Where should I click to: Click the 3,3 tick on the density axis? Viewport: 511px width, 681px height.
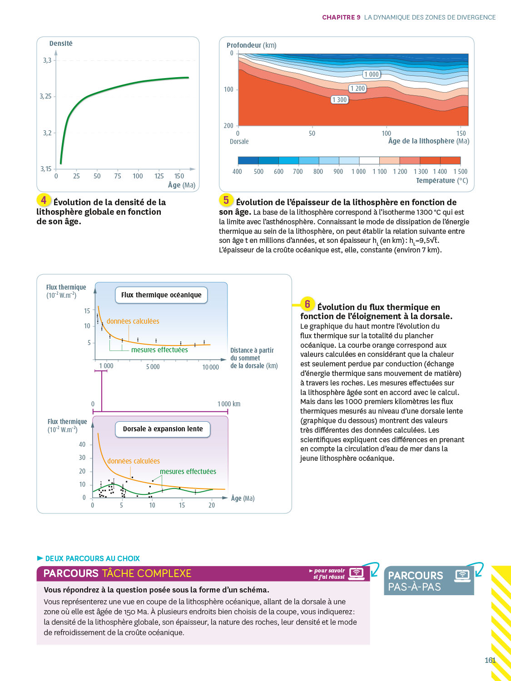point(47,60)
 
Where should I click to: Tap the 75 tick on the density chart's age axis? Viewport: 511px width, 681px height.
point(118,176)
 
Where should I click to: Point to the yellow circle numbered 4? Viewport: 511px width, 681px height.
point(44,200)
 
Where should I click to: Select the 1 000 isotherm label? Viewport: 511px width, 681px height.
point(371,74)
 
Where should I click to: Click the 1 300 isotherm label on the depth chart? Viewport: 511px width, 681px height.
point(339,100)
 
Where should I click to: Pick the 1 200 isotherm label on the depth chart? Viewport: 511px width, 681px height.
point(357,89)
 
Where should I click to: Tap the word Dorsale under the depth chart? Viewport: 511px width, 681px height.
point(239,142)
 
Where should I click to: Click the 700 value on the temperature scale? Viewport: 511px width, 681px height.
point(298,172)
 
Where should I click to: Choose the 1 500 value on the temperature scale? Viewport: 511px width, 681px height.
point(460,172)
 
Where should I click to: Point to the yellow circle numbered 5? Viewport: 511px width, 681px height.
point(226,200)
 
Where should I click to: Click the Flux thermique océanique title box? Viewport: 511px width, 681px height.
point(161,295)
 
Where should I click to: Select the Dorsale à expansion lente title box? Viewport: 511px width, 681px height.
point(163,429)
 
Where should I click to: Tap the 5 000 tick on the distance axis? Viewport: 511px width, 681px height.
point(153,367)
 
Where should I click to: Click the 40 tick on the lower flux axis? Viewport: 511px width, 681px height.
point(82,444)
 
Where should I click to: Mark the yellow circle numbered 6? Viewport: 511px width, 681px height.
point(308,304)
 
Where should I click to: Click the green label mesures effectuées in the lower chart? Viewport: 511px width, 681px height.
point(188,472)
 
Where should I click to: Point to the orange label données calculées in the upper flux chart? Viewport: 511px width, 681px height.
point(133,321)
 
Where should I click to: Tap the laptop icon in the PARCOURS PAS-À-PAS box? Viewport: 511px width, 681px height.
point(462,575)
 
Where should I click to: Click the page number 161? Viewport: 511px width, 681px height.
point(490,661)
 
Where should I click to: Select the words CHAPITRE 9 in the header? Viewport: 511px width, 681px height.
point(341,17)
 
